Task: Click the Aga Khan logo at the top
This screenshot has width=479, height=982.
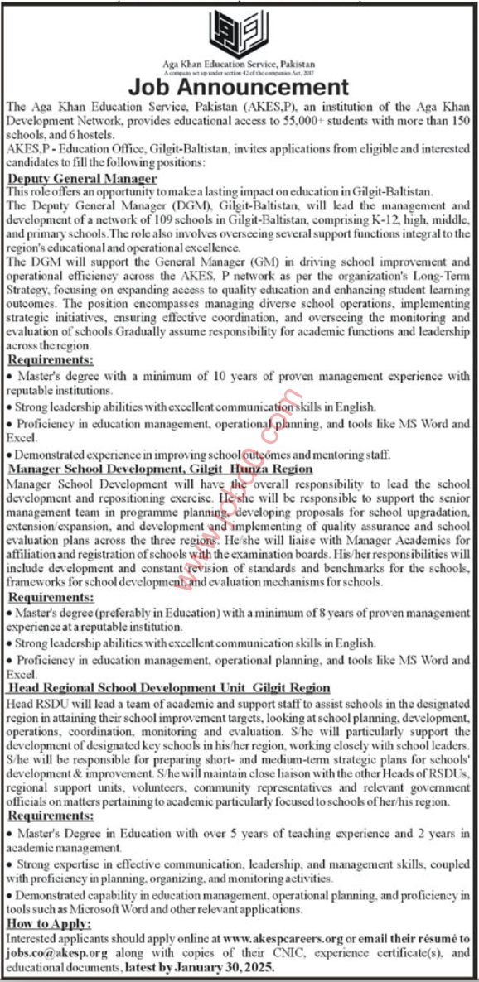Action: tap(239, 32)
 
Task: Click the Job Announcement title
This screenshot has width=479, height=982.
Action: tap(239, 87)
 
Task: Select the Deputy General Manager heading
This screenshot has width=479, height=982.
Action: tap(81, 179)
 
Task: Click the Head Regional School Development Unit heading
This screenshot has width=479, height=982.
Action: tap(168, 688)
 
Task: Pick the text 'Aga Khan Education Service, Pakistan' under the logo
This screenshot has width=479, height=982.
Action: tap(239, 64)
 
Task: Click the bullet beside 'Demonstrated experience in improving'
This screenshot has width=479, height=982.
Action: tap(8, 455)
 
